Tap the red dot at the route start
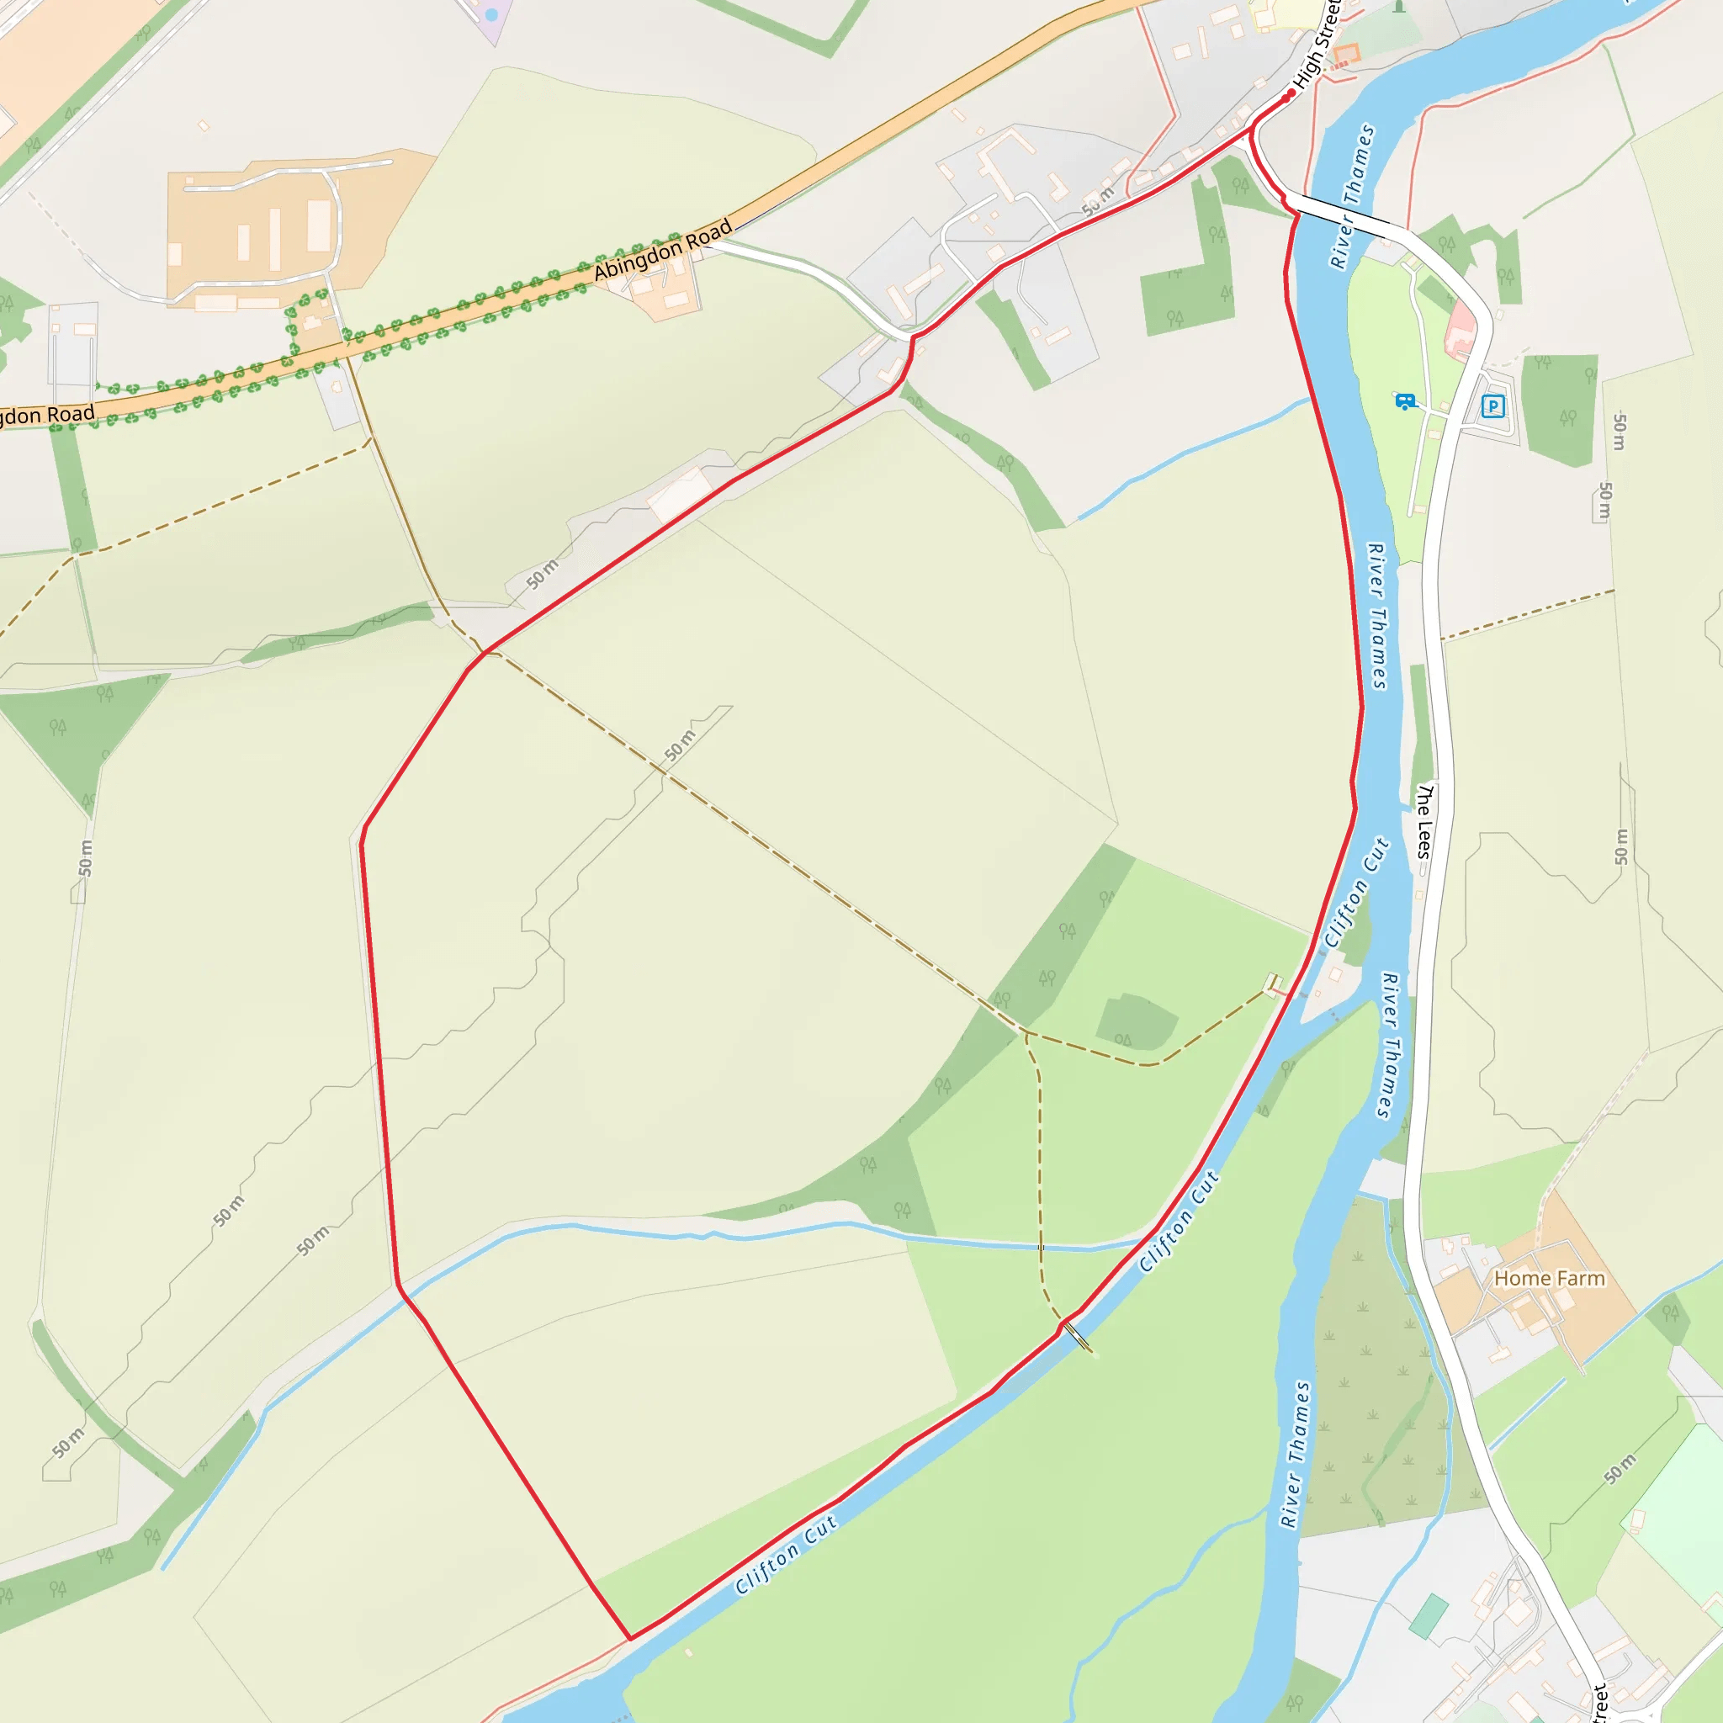1291,93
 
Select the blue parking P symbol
1492,406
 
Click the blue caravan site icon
1405,401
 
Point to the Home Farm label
1549,1278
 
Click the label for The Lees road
1424,820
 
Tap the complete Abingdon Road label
663,250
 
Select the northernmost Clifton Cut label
1356,892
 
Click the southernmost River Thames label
1295,1454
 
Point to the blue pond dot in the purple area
491,15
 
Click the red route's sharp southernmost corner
630,1638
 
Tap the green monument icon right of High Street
1398,7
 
